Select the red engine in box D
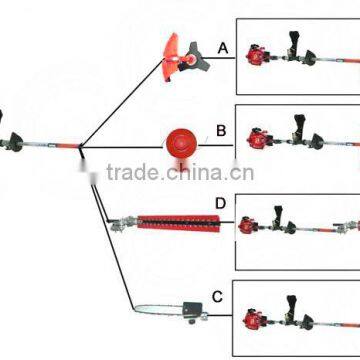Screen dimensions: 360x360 click(x=247, y=226)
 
